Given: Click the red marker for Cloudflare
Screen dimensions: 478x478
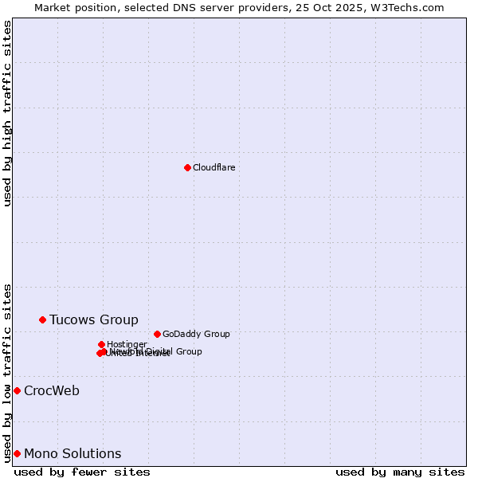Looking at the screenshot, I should pos(187,167).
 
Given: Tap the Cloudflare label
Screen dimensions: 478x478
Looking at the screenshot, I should pos(214,167).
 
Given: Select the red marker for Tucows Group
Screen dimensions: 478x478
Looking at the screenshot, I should pos(42,319).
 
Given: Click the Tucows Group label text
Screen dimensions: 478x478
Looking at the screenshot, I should pos(93,320).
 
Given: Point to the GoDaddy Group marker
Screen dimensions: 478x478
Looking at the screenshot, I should pos(157,334).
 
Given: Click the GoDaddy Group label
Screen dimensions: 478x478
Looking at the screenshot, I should pos(196,334).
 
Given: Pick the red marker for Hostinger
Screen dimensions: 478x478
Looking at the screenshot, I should pos(101,344).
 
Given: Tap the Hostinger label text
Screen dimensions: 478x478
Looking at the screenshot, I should pos(127,344).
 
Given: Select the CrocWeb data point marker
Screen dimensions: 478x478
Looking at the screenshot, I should pos(17,390).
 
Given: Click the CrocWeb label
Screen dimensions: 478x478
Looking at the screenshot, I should pos(51,391).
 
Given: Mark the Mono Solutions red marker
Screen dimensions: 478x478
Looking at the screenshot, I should pos(17,453).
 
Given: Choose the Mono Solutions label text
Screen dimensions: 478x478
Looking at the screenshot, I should pos(72,454).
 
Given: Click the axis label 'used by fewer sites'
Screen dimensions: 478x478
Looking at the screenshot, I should pos(82,472).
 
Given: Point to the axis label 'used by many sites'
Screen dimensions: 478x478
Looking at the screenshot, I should pos(400,472).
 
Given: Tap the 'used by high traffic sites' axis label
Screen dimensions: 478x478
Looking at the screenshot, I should pos(7,113).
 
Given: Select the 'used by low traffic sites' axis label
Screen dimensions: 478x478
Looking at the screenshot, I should pos(7,372).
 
